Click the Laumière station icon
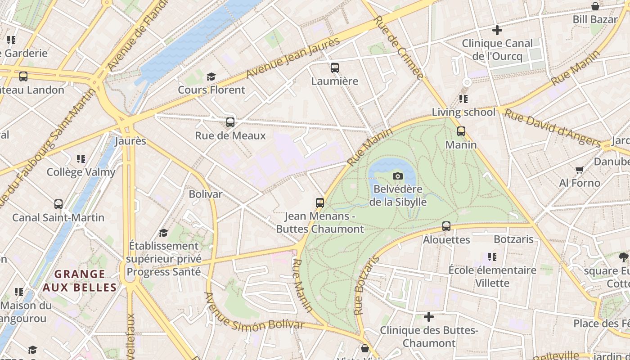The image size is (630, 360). (334, 68)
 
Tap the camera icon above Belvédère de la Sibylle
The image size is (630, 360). (398, 176)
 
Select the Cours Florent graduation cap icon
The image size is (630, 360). (211, 77)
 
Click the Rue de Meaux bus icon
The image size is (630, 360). (230, 122)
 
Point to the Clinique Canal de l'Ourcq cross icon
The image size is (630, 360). (497, 30)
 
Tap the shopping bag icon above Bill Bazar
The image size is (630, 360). (595, 6)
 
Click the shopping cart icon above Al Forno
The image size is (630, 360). (579, 170)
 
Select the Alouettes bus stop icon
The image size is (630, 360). (446, 226)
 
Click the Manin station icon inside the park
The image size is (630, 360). (461, 131)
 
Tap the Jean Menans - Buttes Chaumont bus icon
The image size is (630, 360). (319, 203)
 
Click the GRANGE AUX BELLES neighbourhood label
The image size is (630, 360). (80, 280)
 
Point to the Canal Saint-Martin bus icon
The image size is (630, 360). (58, 204)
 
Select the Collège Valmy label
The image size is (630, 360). (81, 172)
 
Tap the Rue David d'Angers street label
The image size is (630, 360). (552, 127)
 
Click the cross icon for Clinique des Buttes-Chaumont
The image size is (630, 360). (429, 317)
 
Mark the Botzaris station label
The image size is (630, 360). (513, 239)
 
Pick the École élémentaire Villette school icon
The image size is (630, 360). (492, 257)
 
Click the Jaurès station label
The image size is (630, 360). (130, 141)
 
